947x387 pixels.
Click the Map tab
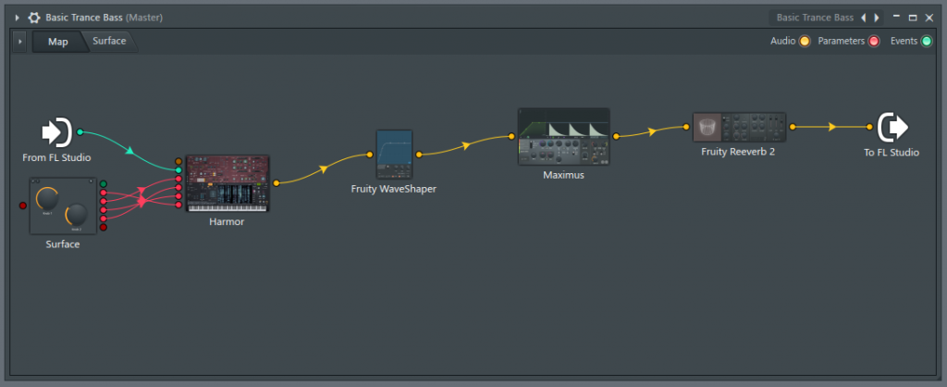(x=57, y=42)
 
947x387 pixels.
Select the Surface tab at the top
(x=109, y=41)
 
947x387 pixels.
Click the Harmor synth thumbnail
(x=228, y=183)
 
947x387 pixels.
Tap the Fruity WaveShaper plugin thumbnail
(x=394, y=154)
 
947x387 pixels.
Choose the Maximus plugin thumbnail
(x=563, y=136)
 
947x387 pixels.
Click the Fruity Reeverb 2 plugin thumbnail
(x=739, y=127)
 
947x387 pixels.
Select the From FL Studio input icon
(x=56, y=132)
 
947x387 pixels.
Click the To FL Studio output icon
(x=892, y=127)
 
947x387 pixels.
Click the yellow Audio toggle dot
(x=805, y=42)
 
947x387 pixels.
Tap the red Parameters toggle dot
(x=874, y=42)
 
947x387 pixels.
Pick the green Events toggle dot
(x=927, y=42)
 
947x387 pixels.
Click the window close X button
(x=929, y=17)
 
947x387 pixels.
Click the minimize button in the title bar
(x=895, y=17)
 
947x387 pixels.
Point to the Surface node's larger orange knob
(x=47, y=197)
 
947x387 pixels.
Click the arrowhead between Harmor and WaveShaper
(x=324, y=169)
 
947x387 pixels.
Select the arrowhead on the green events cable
(x=130, y=150)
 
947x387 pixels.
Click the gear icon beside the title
(x=34, y=17)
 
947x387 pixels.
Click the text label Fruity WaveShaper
(x=393, y=189)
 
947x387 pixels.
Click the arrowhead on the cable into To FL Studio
(x=832, y=127)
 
